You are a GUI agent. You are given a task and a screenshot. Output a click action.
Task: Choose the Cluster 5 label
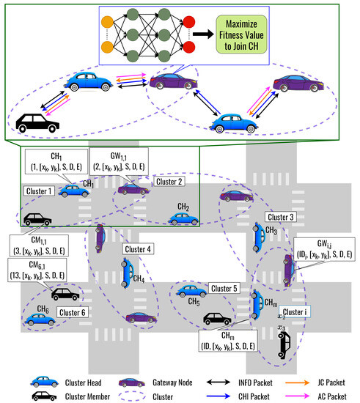(224, 288)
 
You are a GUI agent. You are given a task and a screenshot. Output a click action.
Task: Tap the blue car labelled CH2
(181, 218)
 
